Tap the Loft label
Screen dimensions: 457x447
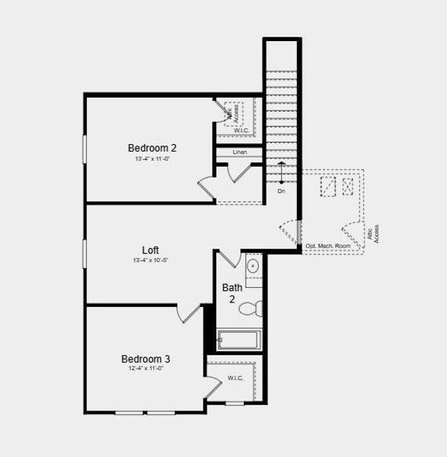click(150, 250)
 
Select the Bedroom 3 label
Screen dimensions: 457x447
click(145, 359)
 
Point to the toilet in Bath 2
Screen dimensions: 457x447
click(249, 308)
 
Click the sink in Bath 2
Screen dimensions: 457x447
click(253, 266)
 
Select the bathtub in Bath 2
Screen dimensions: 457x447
click(239, 340)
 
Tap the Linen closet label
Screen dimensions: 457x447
click(240, 152)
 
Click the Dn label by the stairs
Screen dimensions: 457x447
click(281, 191)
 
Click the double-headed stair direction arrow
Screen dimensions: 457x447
click(281, 173)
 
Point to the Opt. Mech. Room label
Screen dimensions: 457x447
click(328, 246)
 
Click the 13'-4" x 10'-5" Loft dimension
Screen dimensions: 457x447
click(149, 260)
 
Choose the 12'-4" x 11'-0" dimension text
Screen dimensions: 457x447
click(146, 369)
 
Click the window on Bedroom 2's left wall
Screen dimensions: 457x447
click(85, 148)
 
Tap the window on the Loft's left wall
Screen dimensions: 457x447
click(85, 251)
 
